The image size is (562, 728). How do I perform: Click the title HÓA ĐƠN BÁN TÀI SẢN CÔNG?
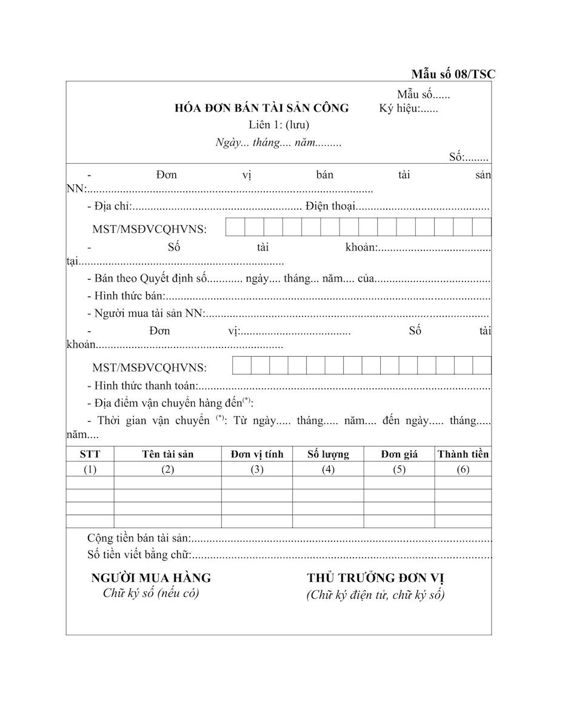click(x=261, y=109)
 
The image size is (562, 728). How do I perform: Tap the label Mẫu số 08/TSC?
click(x=453, y=75)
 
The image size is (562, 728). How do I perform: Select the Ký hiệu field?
click(x=409, y=109)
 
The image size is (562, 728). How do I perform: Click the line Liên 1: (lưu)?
click(x=279, y=126)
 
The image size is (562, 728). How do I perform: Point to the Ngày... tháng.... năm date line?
click(x=278, y=143)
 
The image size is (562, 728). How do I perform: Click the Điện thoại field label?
click(x=330, y=206)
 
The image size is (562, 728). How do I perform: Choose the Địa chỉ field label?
click(x=109, y=206)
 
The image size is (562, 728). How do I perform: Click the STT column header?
click(x=90, y=454)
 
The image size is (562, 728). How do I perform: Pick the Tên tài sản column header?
click(x=168, y=454)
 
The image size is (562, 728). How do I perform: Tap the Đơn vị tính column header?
click(x=257, y=454)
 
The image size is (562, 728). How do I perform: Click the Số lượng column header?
click(x=328, y=454)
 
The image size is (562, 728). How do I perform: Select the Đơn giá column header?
click(x=399, y=454)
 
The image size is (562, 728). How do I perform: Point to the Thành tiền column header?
click(x=463, y=454)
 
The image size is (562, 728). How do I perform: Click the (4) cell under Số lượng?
click(x=328, y=470)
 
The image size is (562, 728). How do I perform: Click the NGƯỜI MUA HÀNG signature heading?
click(x=151, y=578)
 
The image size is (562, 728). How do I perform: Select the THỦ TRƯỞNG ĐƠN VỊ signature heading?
click(x=376, y=578)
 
